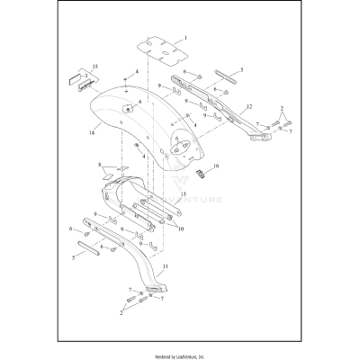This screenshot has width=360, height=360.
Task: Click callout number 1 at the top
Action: [x=185, y=39]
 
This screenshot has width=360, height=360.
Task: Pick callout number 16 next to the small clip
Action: [x=215, y=166]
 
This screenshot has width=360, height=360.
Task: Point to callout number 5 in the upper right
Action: [x=240, y=68]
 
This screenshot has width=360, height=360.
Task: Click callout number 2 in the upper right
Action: [x=282, y=109]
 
